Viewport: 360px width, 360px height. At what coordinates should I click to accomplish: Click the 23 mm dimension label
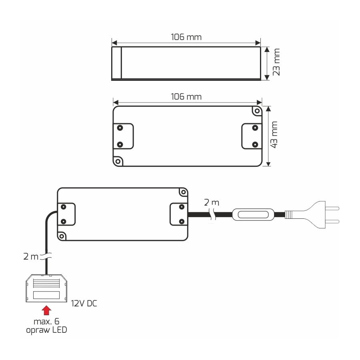(276, 62)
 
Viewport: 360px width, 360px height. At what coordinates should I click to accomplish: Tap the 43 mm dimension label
(274, 135)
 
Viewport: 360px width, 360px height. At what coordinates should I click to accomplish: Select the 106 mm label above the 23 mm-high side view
(186, 37)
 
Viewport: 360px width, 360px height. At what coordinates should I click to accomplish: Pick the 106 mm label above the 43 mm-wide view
(186, 97)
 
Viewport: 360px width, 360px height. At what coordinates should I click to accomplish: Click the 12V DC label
(84, 304)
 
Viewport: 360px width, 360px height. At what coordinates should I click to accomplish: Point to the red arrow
(46, 310)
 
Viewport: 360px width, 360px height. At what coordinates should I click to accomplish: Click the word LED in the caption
(60, 330)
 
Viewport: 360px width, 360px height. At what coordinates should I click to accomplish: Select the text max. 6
(46, 322)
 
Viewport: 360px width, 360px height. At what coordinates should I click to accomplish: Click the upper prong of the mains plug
(332, 208)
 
